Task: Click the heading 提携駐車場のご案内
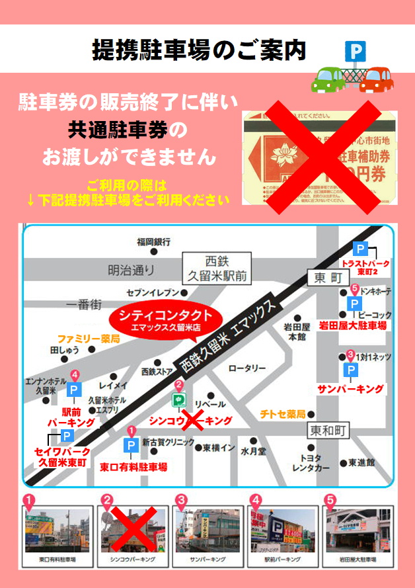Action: [x=199, y=50]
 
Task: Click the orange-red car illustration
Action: [x=375, y=79]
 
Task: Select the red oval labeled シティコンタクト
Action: [x=166, y=320]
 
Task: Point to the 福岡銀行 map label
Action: [x=154, y=241]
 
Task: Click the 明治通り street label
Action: [x=131, y=269]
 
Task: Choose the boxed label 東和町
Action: [x=328, y=431]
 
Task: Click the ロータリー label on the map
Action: [x=246, y=368]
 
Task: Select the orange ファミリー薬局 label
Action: [x=88, y=338]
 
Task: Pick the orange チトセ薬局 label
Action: [x=282, y=414]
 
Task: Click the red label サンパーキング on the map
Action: [x=351, y=388]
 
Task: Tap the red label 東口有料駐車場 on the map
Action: [x=133, y=466]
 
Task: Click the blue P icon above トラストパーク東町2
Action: [x=360, y=249]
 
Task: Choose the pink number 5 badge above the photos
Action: [x=330, y=501]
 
